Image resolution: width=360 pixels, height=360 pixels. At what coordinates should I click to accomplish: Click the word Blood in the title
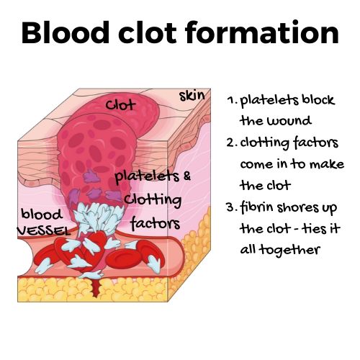pos(66,32)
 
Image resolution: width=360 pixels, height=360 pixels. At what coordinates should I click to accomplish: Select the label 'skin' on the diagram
pos(192,96)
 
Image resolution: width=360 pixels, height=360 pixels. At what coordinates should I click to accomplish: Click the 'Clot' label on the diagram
pos(121,105)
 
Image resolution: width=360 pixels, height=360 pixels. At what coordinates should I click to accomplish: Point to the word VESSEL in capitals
pos(44,230)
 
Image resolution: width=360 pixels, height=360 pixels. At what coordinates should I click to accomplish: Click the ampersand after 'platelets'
pos(187,176)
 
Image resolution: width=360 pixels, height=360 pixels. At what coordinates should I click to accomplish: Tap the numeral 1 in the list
pos(231,100)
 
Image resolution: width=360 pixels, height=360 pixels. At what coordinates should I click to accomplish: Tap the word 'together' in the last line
pos(291,251)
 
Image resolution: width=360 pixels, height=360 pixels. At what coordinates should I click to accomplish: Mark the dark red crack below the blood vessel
pos(96,286)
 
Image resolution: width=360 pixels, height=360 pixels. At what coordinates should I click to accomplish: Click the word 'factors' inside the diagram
pos(156,223)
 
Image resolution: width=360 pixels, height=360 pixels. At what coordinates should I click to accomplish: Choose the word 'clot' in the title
pos(148,32)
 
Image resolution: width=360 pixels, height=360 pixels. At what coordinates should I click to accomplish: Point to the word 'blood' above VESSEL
pos(42,214)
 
